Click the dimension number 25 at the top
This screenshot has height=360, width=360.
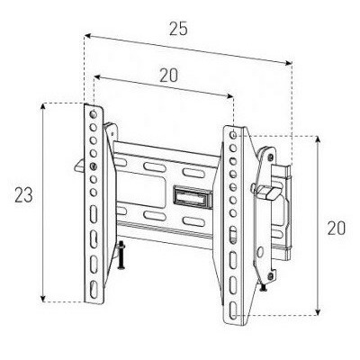click(x=178, y=29)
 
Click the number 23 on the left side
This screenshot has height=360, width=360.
click(x=23, y=195)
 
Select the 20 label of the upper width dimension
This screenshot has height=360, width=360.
click(x=168, y=76)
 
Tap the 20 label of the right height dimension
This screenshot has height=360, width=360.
click(x=336, y=228)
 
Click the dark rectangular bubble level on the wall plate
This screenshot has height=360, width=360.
click(x=192, y=196)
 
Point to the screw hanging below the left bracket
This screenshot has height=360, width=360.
click(x=121, y=255)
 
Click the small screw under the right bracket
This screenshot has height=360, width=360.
click(x=264, y=287)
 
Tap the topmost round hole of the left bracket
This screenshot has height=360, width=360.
click(x=94, y=114)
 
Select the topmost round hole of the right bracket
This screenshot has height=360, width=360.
click(x=233, y=135)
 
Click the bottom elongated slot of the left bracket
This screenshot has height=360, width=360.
click(x=94, y=289)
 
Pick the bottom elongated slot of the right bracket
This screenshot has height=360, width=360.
click(x=233, y=310)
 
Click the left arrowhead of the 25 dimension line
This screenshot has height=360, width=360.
click(x=87, y=36)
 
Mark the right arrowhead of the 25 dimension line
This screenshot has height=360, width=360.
click(x=288, y=63)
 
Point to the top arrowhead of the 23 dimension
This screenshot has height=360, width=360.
click(x=44, y=106)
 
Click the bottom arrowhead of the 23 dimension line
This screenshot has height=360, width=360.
click(x=44, y=299)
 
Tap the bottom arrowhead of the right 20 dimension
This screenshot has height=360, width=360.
click(x=319, y=312)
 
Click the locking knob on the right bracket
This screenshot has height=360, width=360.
click(x=267, y=191)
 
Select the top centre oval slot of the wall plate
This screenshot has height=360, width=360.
click(x=155, y=167)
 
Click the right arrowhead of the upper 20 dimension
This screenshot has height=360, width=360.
click(x=229, y=96)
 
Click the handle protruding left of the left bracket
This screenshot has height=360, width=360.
click(x=79, y=166)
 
